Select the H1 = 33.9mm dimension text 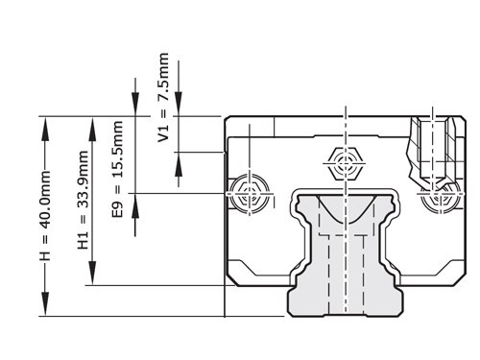[x=83, y=200]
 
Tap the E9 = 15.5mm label [x=117, y=169]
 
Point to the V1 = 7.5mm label [x=163, y=98]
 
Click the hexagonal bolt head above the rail [x=345, y=163]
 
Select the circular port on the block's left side [x=250, y=194]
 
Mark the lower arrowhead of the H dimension [x=45, y=304]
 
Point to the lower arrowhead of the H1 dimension [x=92, y=273]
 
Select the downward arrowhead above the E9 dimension [x=135, y=104]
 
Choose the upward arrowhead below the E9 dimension [x=135, y=205]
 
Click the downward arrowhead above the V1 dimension [x=179, y=104]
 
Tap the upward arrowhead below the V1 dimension [x=179, y=164]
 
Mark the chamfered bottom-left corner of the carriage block [x=231, y=279]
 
